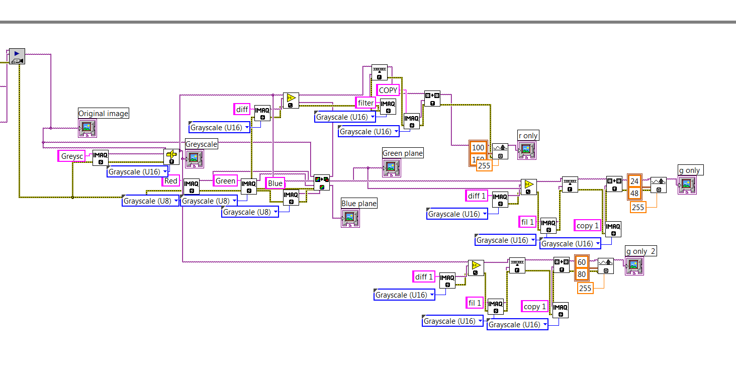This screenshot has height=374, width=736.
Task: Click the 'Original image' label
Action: click(104, 113)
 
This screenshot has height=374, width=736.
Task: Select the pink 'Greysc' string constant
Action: click(72, 156)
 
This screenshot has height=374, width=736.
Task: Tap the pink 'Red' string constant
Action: click(171, 181)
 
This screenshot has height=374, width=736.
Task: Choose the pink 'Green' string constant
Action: click(225, 180)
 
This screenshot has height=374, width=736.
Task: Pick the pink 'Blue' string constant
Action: click(275, 183)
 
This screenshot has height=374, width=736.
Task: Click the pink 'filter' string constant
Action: click(365, 103)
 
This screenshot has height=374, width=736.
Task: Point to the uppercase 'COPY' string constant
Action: click(388, 90)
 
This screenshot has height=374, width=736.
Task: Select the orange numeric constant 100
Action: click(478, 147)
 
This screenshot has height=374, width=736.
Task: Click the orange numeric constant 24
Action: click(634, 181)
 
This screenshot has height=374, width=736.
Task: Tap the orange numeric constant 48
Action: click(634, 193)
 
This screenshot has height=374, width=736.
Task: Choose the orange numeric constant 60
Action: click(582, 262)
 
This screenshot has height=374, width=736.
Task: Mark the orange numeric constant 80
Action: click(582, 274)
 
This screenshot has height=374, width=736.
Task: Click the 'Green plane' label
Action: click(403, 153)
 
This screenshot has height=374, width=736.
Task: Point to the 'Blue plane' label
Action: click(359, 203)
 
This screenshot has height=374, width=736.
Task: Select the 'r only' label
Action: click(528, 135)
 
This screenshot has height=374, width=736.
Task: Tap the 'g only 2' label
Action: click(640, 251)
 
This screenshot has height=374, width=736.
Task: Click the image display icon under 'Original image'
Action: click(87, 128)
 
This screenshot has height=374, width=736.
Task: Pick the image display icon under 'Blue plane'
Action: click(350, 218)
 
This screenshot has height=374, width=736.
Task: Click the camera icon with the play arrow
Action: click(17, 56)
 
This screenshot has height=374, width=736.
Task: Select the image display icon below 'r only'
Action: click(527, 150)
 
